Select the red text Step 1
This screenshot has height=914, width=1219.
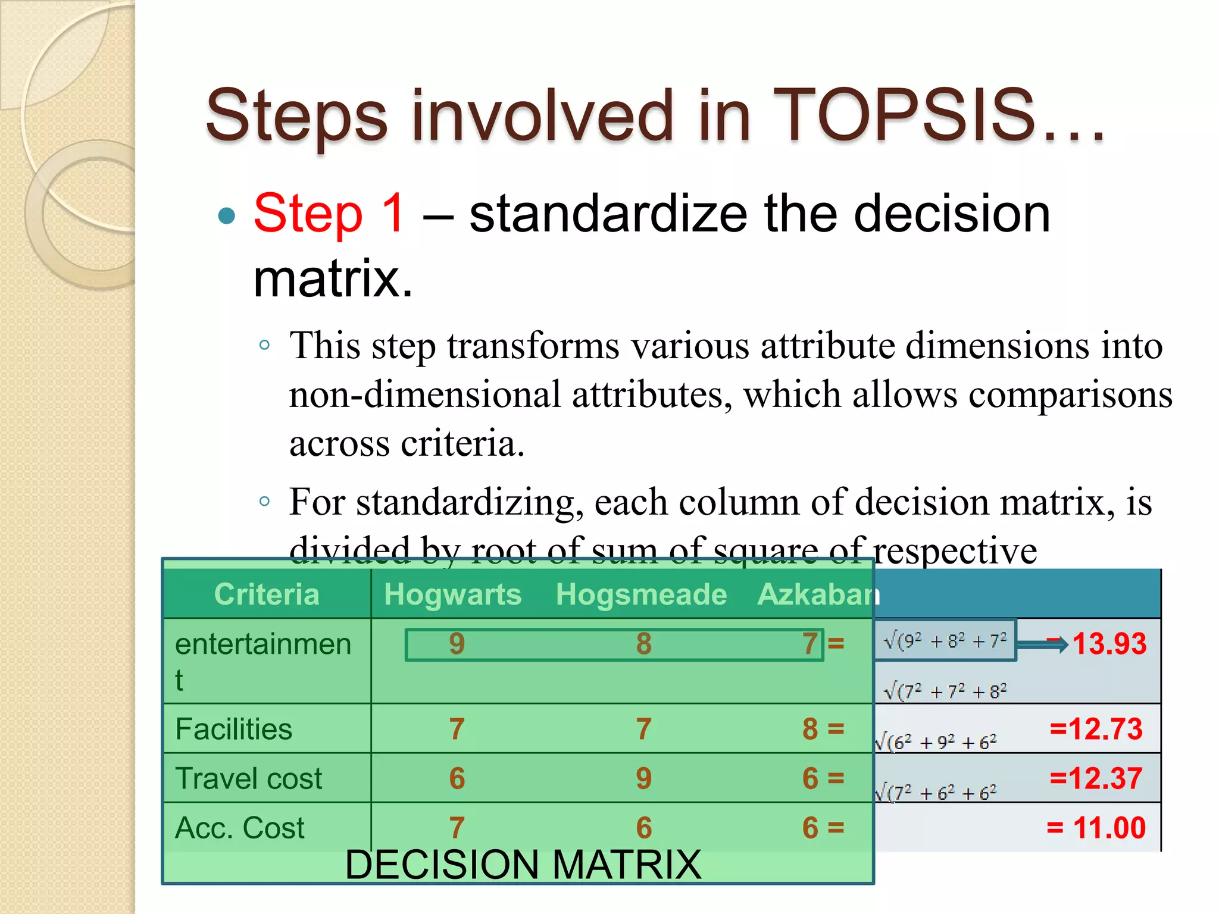point(330,214)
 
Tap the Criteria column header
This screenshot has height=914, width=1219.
point(267,594)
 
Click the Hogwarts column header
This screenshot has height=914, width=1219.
point(452,594)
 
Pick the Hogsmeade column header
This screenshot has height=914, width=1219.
point(641,594)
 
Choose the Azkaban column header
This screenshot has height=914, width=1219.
point(817,594)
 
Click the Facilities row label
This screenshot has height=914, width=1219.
point(234,729)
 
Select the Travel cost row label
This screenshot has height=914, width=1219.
point(249,778)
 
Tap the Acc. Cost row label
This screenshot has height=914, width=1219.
point(240,828)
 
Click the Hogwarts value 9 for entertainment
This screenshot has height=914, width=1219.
point(457,644)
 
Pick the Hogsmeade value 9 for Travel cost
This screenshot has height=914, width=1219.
point(643,778)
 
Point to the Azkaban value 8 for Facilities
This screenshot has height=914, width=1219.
point(810,729)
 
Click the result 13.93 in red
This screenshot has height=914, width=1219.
point(1109,644)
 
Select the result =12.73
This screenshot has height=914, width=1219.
point(1096,729)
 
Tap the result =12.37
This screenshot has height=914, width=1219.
point(1096,778)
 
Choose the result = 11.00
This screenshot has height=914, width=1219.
point(1096,828)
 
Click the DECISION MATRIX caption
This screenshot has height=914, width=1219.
point(523,865)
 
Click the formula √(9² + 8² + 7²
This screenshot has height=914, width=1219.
point(945,641)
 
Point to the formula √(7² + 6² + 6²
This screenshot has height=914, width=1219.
point(936,793)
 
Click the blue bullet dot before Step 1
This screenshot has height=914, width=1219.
point(227,215)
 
